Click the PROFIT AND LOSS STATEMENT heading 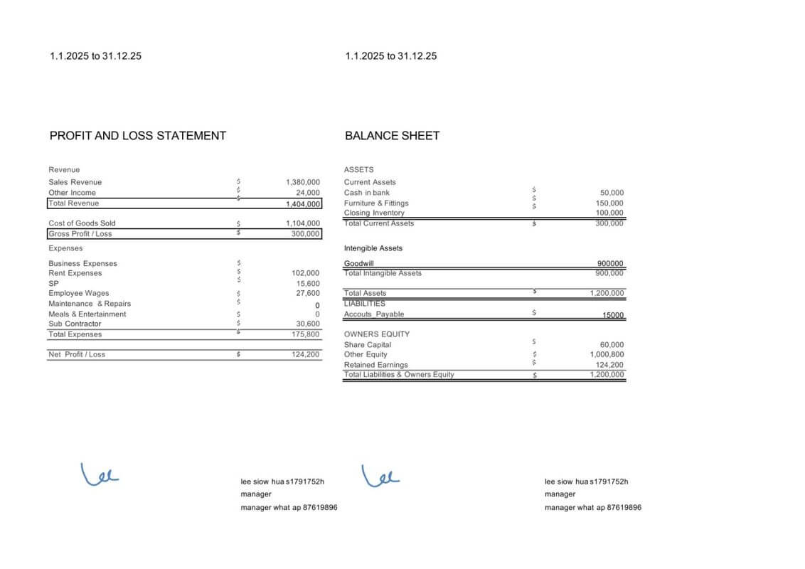pos(138,136)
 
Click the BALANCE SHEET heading pos(392,136)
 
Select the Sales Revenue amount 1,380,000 pos(303,182)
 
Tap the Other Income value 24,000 pos(308,192)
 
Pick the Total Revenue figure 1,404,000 pos(303,203)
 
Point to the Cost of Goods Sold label pos(82,223)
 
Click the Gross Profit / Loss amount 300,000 pos(306,233)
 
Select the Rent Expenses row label pos(75,273)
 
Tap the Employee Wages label pos(79,293)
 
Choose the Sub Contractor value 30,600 pos(308,324)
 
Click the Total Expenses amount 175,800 pos(306,334)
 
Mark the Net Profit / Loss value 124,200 pos(306,354)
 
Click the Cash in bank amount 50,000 pos(612,193)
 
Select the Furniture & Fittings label pos(376,203)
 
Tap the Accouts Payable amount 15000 pos(613,315)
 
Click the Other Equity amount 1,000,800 pos(607,354)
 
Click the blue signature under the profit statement pos(100,473)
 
